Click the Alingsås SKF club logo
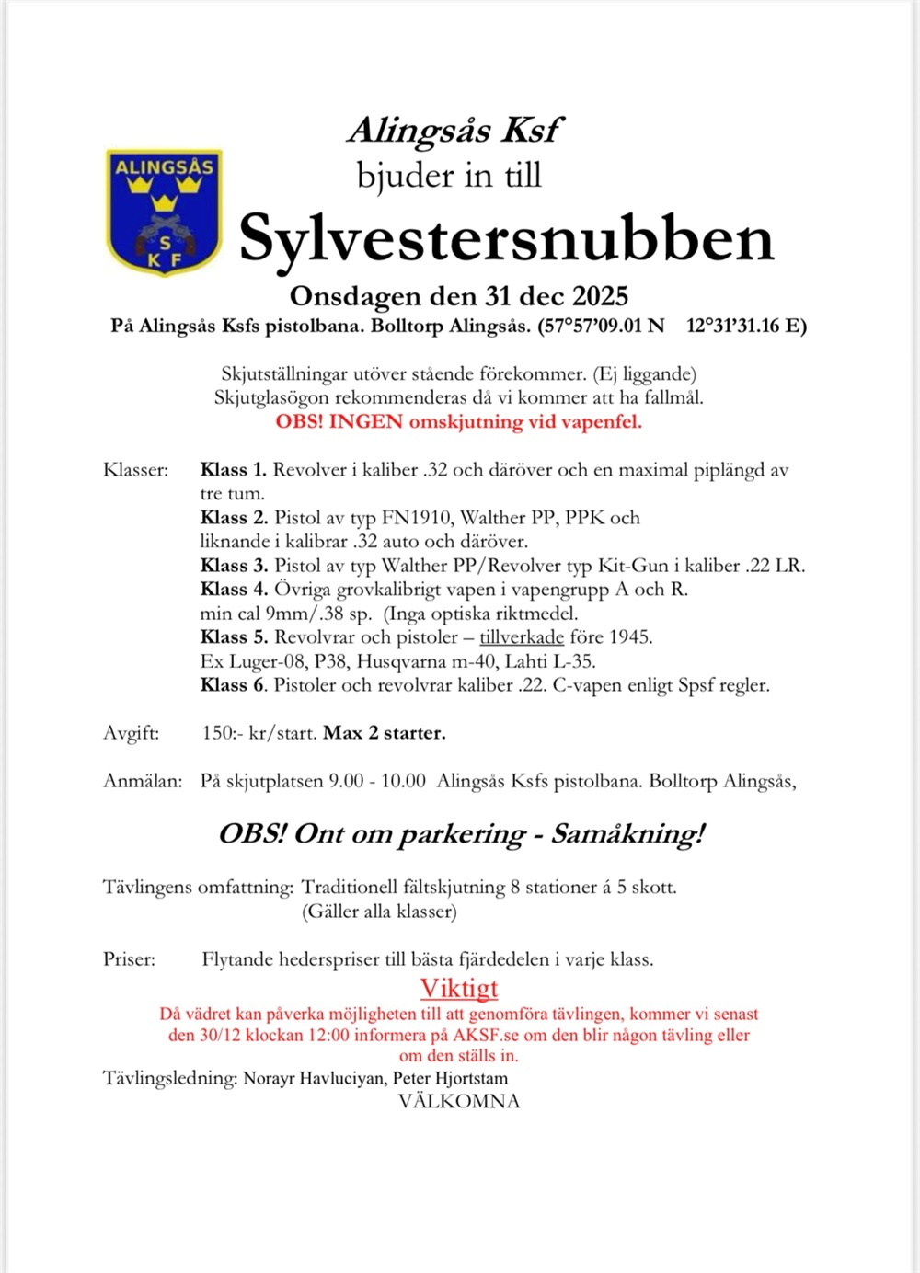[x=164, y=212]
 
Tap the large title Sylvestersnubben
[x=506, y=239]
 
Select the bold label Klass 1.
[x=233, y=470]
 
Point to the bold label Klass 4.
[x=234, y=590]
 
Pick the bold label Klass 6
[x=234, y=685]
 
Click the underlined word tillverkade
[x=522, y=637]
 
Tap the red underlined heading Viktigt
[x=459, y=988]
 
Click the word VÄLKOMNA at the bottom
[x=459, y=1101]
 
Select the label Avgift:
[x=132, y=733]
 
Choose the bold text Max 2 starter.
[x=385, y=733]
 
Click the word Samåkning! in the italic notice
[x=627, y=834]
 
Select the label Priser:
[x=130, y=959]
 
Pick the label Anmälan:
[x=143, y=781]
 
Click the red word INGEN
[x=365, y=422]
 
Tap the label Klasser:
[x=136, y=470]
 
